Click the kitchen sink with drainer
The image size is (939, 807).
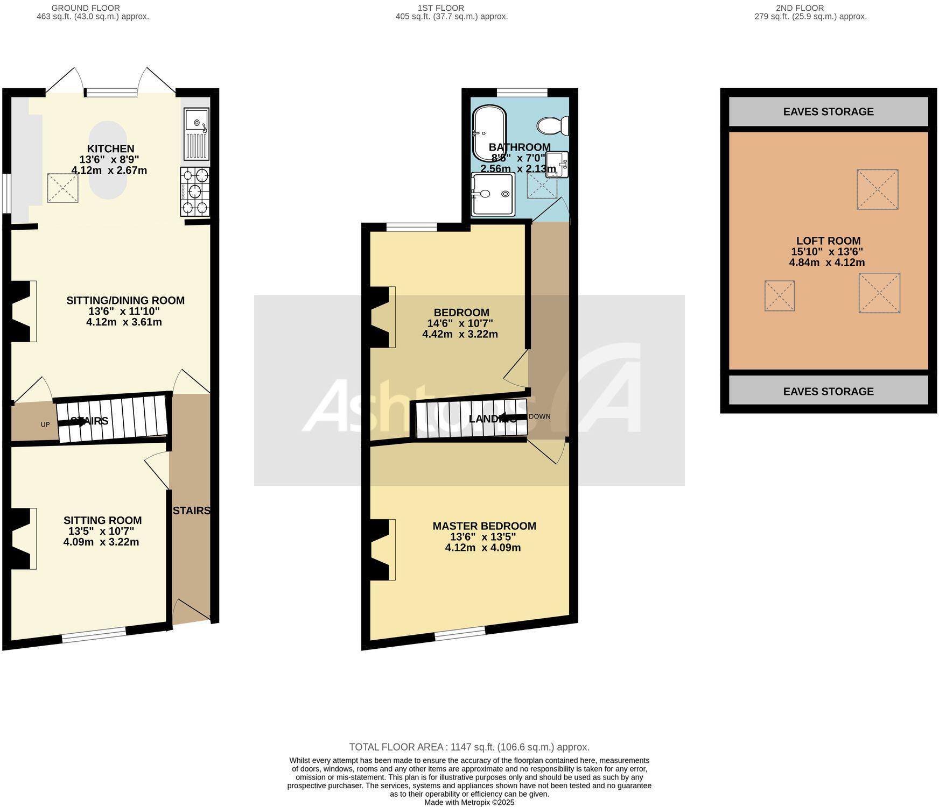196,134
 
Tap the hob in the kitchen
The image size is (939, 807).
195,192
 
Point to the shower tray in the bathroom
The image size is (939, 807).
493,194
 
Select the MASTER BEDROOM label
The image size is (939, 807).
484,526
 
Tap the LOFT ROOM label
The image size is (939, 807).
828,241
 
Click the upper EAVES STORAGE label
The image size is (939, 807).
828,112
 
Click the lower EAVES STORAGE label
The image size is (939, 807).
828,391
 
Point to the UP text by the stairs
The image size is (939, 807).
45,424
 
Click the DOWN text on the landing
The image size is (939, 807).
539,416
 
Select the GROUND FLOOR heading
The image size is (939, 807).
86,8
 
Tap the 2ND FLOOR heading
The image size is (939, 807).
807,8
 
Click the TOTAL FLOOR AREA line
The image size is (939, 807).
469,747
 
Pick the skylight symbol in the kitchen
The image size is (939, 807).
63,188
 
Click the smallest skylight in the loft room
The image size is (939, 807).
779,295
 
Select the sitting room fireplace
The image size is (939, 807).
23,538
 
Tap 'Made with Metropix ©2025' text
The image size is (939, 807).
469,802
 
